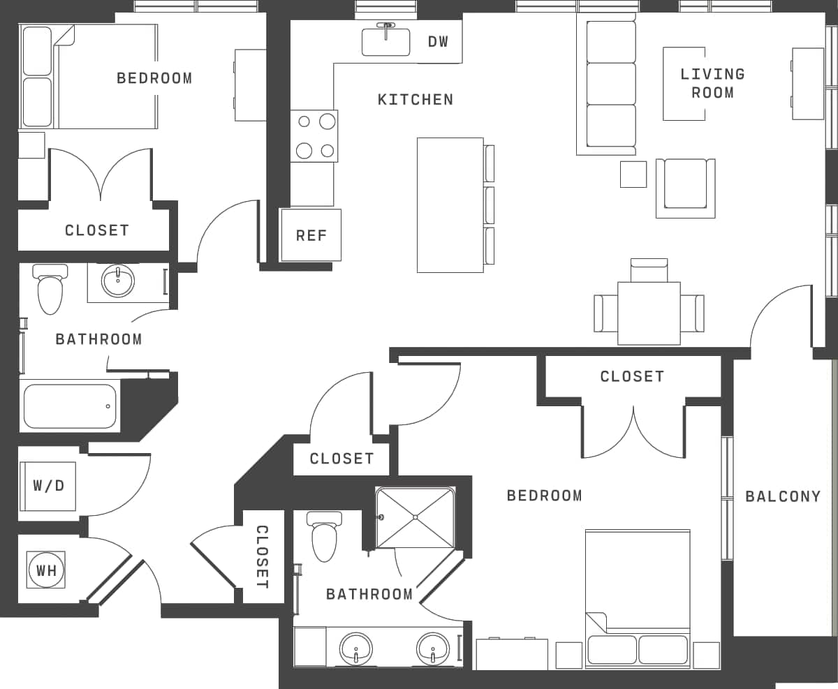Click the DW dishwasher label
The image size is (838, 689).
438,42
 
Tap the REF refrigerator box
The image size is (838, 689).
311,235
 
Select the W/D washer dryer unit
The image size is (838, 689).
48,486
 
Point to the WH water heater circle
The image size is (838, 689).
47,570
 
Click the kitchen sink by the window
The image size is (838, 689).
385,42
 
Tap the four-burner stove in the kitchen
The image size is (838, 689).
314,135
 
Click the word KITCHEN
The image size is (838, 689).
416,100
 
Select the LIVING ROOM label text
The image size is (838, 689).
712,83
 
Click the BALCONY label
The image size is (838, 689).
783,496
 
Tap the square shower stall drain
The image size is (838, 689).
415,517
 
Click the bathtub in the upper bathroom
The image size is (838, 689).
69,406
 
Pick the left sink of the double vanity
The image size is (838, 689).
355,649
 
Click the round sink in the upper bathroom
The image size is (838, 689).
119,281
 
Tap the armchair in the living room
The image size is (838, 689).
685,186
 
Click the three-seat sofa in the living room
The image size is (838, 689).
610,84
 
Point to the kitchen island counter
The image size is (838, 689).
450,205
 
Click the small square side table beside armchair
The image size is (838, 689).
633,174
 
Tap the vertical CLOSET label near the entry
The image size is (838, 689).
263,556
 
